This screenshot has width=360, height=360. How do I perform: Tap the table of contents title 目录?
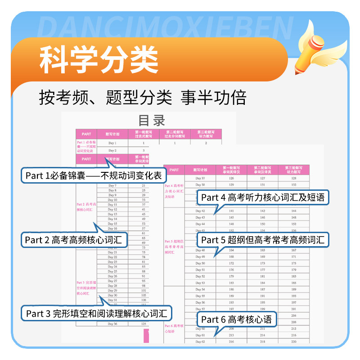pos(152,121)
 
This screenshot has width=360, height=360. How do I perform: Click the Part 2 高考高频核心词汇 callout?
pos(74,239)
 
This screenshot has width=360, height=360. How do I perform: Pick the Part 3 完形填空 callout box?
pos(97,312)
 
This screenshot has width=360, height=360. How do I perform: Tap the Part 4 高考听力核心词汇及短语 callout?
pos(262,197)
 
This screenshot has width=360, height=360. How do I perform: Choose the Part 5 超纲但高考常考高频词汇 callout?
pos(262,239)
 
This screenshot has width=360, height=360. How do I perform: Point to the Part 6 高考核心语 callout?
pos(237,319)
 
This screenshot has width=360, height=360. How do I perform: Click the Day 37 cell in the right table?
pos(200,178)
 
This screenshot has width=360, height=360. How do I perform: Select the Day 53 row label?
pos(200,283)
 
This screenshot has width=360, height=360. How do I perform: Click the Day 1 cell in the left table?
pos(112,143)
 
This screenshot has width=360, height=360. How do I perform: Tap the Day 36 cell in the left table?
pos(112,324)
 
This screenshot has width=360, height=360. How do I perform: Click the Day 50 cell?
pos(200,263)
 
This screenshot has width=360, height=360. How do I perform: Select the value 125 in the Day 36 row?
pos(143,324)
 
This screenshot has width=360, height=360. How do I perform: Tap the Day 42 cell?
pos(200,211)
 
